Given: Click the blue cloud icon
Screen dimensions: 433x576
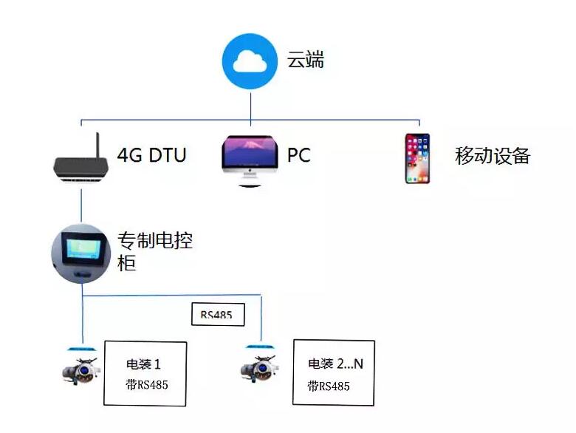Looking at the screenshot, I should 250,61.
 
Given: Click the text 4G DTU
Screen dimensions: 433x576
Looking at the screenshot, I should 151,155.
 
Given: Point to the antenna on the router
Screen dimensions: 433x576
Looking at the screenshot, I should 96,145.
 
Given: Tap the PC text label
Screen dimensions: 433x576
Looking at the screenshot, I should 298,156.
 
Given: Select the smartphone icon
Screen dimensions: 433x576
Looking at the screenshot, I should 417,158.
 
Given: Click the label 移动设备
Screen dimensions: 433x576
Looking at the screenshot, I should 493,156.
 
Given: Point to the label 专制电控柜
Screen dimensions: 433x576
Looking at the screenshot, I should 155,251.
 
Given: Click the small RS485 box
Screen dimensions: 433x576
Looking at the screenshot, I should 217,315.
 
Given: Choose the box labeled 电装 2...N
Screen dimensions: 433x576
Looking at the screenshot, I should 334,372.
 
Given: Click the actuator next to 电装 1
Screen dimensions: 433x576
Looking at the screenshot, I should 80,368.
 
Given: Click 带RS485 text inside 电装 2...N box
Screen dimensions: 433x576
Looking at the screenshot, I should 329,386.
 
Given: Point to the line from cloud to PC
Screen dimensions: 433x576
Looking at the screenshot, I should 250,103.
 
